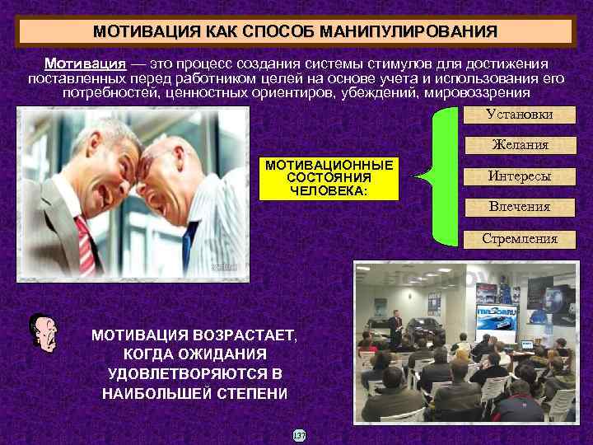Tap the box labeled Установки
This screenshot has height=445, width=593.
(x=519, y=115)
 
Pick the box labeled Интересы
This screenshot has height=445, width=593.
(x=519, y=176)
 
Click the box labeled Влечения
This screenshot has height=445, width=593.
(x=519, y=207)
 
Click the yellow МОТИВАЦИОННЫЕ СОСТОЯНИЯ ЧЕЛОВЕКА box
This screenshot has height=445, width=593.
(x=329, y=178)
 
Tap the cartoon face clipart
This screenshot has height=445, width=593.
(x=43, y=333)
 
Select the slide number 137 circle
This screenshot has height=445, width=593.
(x=299, y=434)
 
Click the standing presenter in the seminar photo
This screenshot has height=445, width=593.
(x=397, y=329)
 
